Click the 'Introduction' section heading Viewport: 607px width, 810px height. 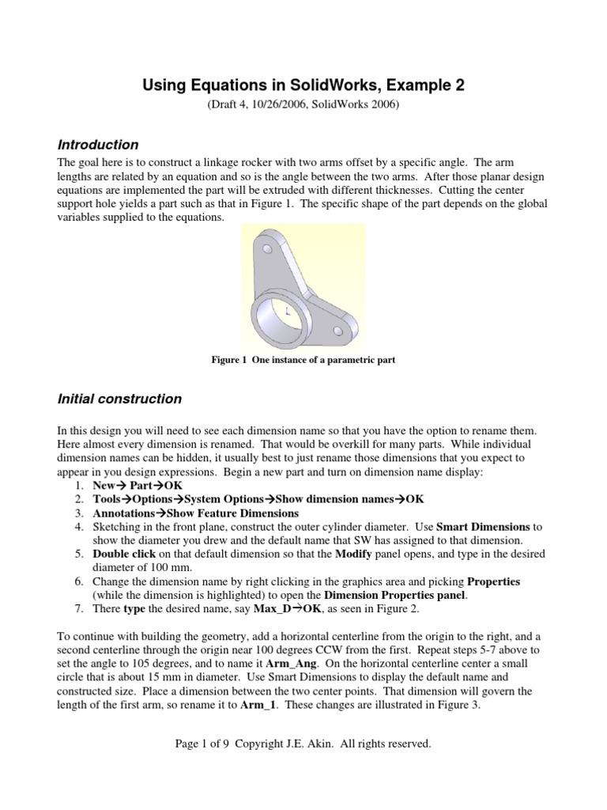[98, 145]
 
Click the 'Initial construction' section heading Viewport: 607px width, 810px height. [119, 399]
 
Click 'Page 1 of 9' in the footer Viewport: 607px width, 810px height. [205, 744]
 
